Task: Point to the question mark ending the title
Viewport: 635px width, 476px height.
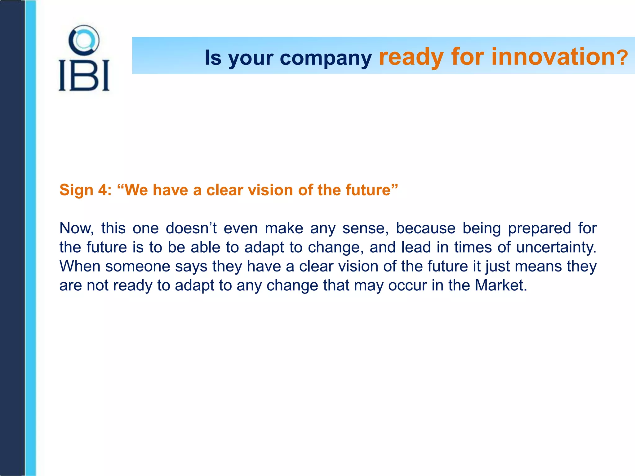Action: [x=622, y=58]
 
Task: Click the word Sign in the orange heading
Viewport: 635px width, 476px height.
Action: [x=76, y=190]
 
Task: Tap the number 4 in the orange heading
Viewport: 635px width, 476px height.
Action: [x=102, y=190]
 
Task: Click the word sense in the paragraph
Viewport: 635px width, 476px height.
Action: [x=365, y=228]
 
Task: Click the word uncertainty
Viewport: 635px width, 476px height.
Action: [x=556, y=248]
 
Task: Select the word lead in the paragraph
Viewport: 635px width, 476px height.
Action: [x=416, y=248]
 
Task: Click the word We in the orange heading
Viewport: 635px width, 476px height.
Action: [x=136, y=190]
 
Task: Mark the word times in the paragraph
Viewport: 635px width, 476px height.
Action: [x=473, y=248]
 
